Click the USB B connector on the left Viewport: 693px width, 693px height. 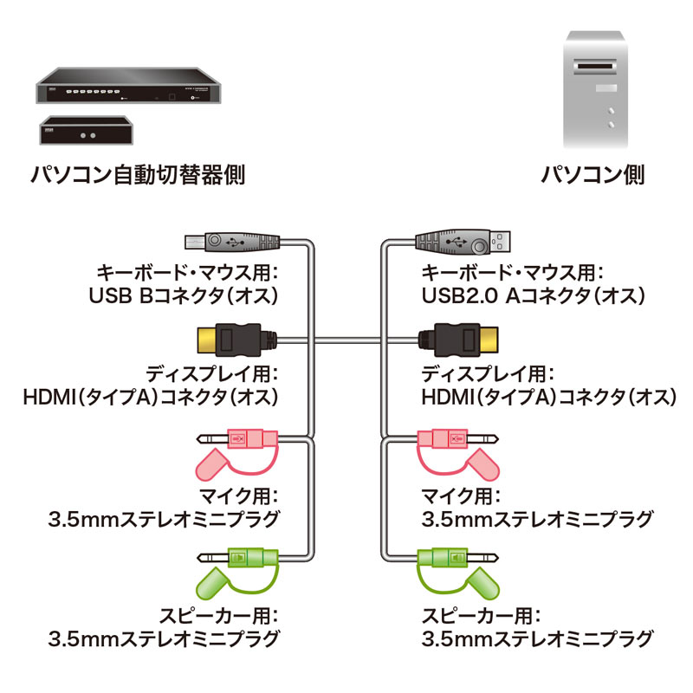click(232, 242)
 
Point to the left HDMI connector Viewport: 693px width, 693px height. click(230, 339)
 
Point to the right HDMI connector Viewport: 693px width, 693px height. click(459, 339)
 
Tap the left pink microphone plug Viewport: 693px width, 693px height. click(243, 439)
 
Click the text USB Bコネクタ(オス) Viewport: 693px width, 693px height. click(183, 297)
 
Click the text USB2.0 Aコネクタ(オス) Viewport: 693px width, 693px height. click(534, 297)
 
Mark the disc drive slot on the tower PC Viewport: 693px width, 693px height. click(593, 66)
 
